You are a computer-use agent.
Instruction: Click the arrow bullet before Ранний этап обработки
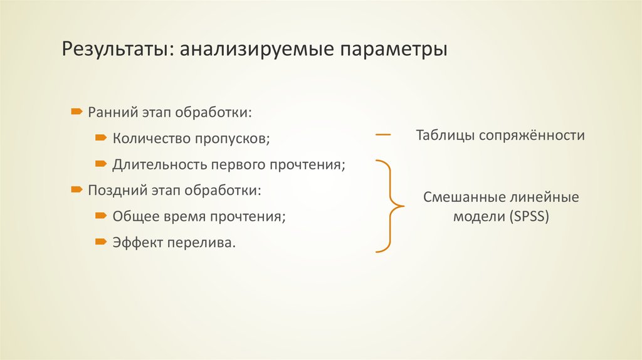pos(75,111)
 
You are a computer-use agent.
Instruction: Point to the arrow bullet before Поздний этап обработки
pos(75,188)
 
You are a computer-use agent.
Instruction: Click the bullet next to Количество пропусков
pos(100,137)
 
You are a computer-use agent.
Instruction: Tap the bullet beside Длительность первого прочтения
pos(100,164)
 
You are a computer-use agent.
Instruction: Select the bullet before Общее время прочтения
pos(100,215)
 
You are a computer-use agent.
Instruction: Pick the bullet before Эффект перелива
pos(100,241)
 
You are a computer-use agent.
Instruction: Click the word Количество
pos(149,138)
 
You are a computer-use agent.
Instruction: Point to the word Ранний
pos(108,112)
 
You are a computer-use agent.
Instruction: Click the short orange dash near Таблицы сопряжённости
pos(383,135)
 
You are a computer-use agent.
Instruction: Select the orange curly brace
pos(390,206)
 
